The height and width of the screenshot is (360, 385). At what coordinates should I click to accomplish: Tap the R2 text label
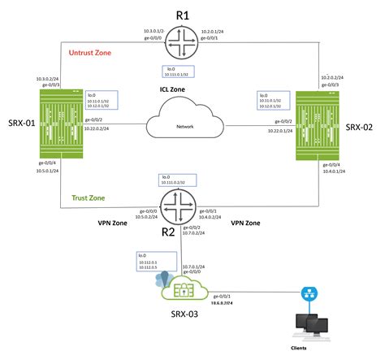pyautogui.click(x=168, y=232)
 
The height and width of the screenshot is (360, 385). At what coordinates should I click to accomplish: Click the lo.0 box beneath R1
pyautogui.click(x=180, y=72)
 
